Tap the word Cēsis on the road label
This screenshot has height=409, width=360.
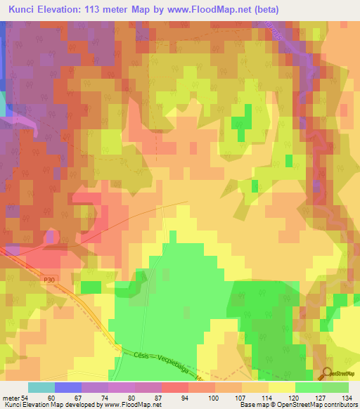pos(141,356)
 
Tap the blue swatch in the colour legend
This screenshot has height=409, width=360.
pos(67,387)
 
